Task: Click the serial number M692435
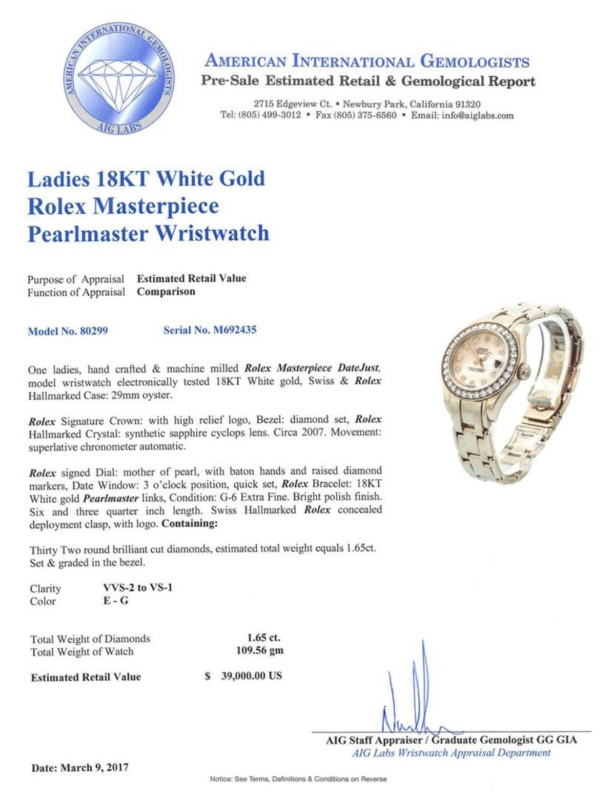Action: (233, 330)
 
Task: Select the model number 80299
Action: (92, 331)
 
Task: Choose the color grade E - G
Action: (116, 601)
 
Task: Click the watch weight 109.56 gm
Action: (259, 651)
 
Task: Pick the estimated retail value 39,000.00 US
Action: (251, 675)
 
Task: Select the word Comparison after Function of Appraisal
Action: (166, 292)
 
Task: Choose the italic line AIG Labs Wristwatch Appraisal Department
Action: (451, 753)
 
